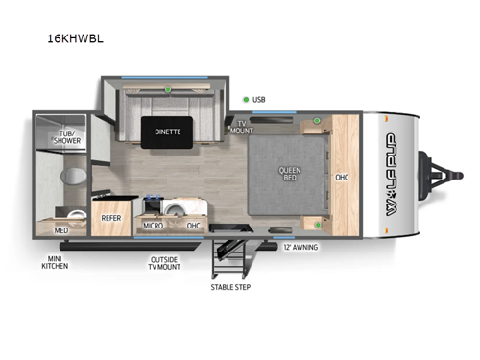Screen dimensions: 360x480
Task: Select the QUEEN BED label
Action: [288, 175]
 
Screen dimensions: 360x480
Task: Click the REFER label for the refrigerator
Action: [109, 218]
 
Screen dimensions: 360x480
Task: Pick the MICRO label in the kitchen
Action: [153, 226]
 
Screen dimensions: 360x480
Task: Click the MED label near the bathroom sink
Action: [60, 230]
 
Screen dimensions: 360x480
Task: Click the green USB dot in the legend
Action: [246, 98]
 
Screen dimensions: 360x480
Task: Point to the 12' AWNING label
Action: [300, 248]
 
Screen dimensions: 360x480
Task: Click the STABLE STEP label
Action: [229, 287]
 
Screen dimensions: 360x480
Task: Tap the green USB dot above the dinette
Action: [168, 90]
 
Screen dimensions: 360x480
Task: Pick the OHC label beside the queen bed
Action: [342, 177]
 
